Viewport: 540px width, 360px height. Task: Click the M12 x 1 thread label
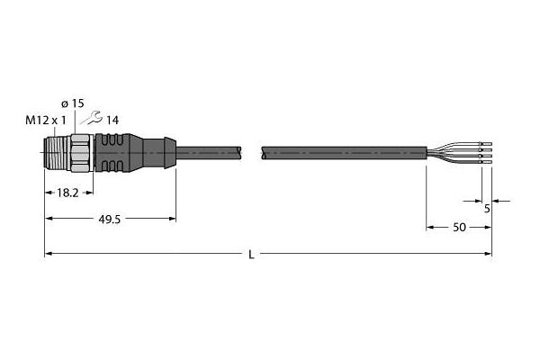tap(46, 121)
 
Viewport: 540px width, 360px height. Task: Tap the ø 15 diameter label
tap(72, 103)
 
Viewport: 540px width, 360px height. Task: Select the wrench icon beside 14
tap(91, 118)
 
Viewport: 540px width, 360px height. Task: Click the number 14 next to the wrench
tap(112, 121)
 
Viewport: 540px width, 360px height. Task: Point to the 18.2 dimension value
tap(67, 193)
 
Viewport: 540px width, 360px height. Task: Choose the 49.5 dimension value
tap(110, 219)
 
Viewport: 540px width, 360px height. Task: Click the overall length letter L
tap(252, 255)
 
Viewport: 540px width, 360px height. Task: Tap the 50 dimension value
tap(459, 228)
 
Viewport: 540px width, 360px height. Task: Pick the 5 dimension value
tap(487, 209)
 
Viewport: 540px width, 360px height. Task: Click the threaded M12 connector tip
tap(58, 152)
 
